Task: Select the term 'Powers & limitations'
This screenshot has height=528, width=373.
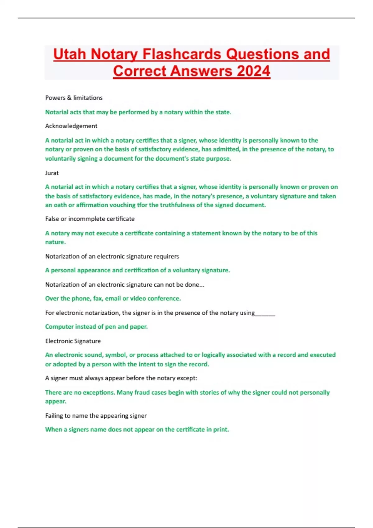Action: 74,98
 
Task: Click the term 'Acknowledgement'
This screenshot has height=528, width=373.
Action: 71,126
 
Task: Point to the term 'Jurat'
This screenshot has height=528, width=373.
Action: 52,173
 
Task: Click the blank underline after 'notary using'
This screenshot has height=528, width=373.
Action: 265,313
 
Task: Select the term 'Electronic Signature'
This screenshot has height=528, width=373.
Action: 73,341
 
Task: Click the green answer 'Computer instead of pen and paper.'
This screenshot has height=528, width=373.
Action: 96,327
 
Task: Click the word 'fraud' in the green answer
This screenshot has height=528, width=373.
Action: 142,393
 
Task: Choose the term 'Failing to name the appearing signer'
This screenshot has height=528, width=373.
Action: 96,416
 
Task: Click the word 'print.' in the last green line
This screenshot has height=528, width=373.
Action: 221,430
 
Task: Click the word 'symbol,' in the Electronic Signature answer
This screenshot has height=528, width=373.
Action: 116,355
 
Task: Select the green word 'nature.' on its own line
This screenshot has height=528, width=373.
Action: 55,242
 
